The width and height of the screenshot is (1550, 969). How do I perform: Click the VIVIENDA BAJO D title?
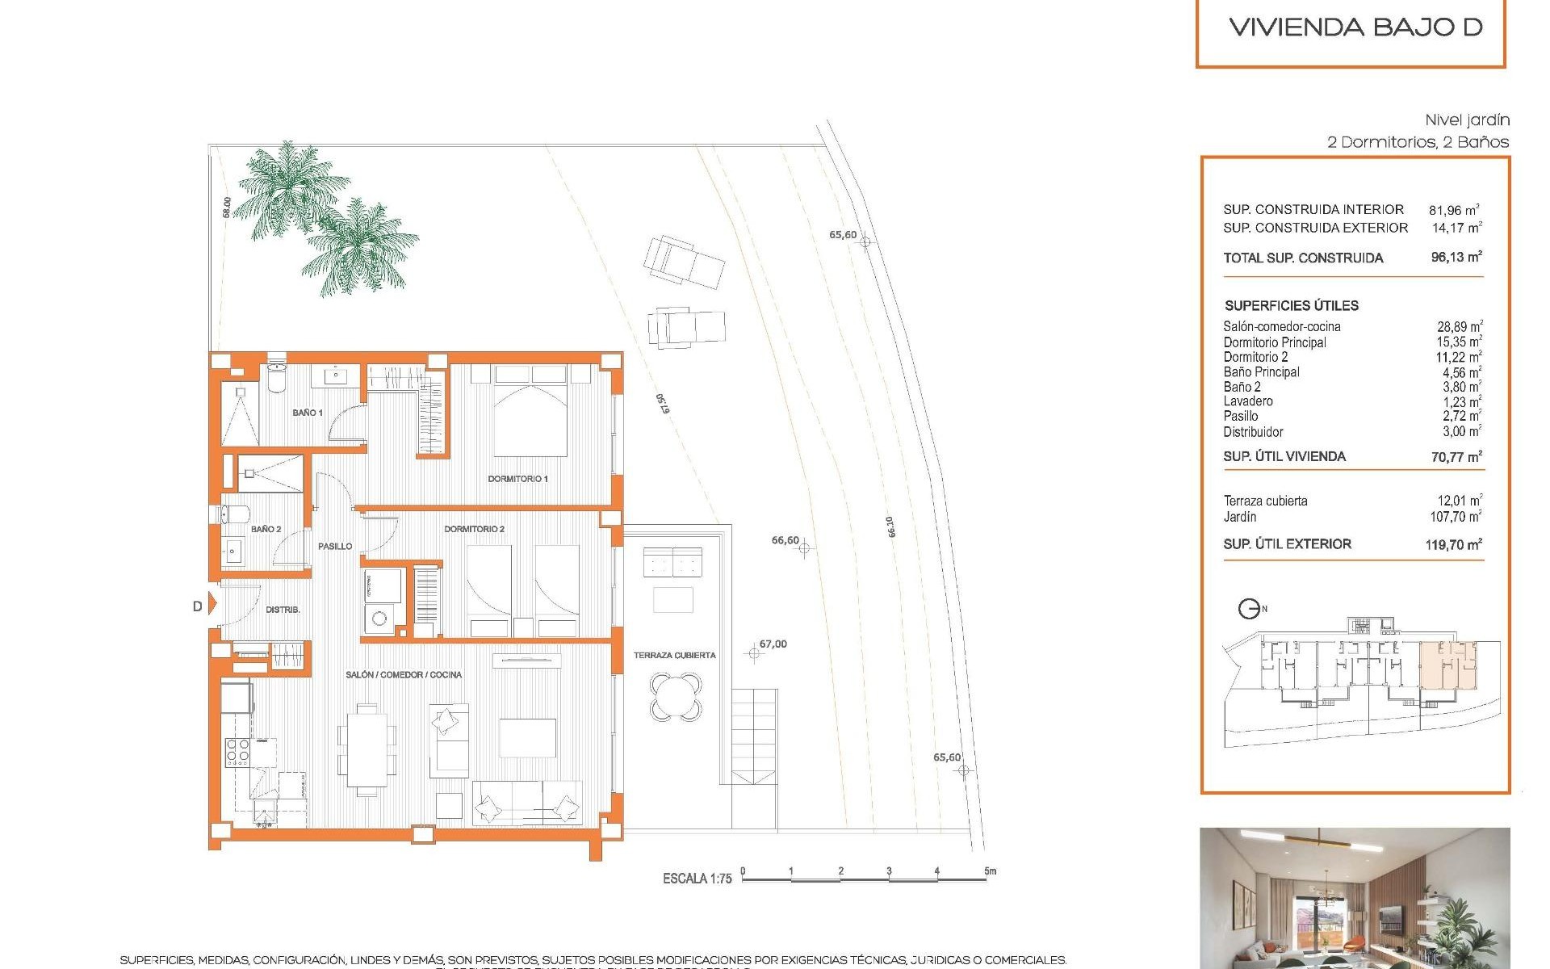pos(1355,27)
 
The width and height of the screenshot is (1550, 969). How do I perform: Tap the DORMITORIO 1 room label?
pos(517,479)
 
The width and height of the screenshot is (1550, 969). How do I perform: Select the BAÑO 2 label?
pos(266,529)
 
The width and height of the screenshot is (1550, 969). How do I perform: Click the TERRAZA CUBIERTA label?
pos(674,655)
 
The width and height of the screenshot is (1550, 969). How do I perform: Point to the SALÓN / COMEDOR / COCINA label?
pos(404,674)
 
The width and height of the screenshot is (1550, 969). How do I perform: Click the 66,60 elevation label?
pos(785,540)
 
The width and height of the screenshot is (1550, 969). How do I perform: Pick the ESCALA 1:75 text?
pos(697,878)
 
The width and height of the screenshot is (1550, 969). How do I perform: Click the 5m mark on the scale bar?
pos(990,871)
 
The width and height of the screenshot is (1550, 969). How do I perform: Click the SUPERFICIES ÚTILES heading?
pos(1291,305)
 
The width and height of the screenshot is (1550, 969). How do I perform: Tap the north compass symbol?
pos(1250,609)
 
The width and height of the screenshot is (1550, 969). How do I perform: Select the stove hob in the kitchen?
pos(237,752)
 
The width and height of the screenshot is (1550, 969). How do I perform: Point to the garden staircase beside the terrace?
pos(754,736)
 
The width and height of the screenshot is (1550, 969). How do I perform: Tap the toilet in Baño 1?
pos(276,379)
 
